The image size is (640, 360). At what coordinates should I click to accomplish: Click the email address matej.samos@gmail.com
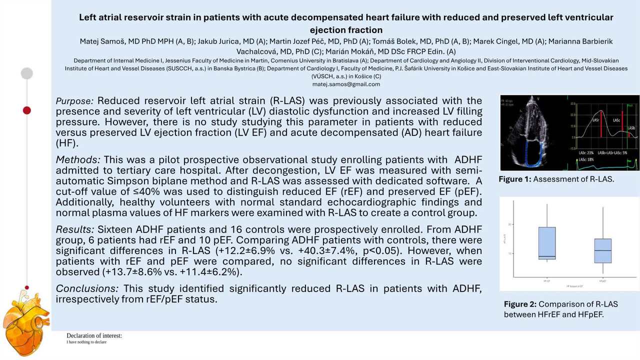pyautogui.click(x=346, y=84)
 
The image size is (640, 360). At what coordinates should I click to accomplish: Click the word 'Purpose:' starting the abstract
pyautogui.click(x=74, y=101)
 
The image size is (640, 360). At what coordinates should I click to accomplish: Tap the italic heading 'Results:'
pyautogui.click(x=75, y=229)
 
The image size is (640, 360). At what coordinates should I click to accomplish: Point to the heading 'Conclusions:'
pyautogui.click(x=87, y=288)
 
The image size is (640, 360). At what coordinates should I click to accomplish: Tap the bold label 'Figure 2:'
pyautogui.click(x=520, y=304)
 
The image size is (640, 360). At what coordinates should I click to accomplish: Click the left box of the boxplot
pyautogui.click(x=547, y=243)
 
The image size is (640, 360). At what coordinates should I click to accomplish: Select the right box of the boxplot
pyautogui.click(x=603, y=250)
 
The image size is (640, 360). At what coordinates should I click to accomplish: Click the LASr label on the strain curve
pyautogui.click(x=596, y=120)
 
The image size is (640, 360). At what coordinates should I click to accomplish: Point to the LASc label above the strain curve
pyautogui.click(x=617, y=120)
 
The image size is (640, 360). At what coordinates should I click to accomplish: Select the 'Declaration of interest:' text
pyautogui.click(x=94, y=335)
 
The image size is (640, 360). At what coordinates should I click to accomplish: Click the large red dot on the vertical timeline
pyautogui.click(x=27, y=110)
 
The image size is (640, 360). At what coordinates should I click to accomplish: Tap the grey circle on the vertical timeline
pyautogui.click(x=27, y=73)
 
